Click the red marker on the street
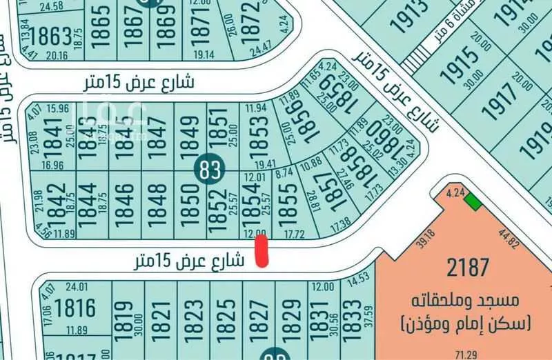point(262,250)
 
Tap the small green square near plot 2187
point(473,201)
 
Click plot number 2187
point(468,266)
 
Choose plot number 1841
point(52,132)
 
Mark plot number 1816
point(74,306)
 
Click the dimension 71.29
point(471,354)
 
